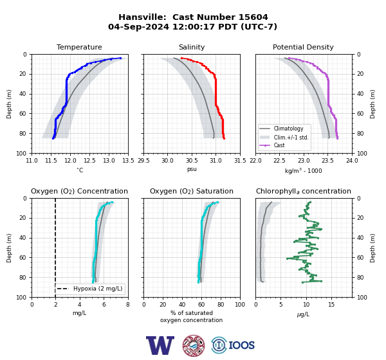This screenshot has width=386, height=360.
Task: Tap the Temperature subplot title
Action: [79, 47]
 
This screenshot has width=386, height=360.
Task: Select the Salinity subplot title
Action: [192, 47]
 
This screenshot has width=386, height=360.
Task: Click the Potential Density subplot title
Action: [303, 47]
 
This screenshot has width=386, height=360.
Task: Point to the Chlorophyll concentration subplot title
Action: [304, 191]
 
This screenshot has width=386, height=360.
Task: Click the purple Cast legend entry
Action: [279, 145]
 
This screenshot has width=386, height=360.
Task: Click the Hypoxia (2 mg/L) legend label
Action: [98, 289]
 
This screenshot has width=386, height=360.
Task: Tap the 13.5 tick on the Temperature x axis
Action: [128, 161]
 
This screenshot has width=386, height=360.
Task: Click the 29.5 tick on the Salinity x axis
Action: [143, 161]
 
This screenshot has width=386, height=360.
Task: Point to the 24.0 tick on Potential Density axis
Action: [352, 161]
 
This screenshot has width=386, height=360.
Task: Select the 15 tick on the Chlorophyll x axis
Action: [331, 305]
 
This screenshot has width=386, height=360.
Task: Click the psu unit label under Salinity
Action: [192, 169]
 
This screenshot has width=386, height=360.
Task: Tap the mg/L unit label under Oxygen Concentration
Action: [80, 313]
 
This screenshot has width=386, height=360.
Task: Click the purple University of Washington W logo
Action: [160, 345]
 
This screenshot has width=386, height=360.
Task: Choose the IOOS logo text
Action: [241, 345]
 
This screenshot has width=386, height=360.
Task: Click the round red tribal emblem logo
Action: [194, 345]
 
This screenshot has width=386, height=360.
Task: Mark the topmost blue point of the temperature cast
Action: [120, 58]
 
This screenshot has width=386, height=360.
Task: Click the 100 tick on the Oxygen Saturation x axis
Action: [240, 305]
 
